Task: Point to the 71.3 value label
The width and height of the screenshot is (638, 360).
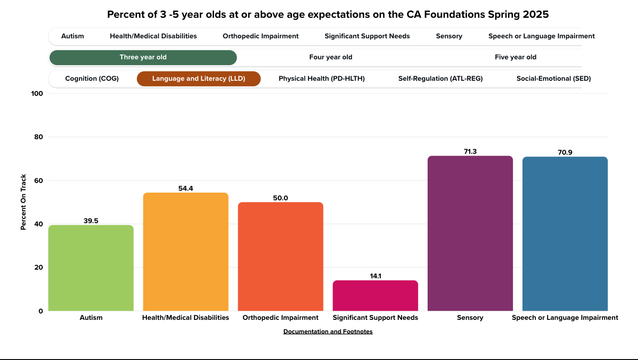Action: click(470, 151)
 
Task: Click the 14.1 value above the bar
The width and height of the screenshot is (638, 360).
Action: click(376, 276)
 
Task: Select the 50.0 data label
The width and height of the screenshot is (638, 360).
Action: click(280, 198)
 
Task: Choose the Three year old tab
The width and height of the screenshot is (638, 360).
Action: click(143, 57)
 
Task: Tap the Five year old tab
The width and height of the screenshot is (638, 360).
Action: click(515, 57)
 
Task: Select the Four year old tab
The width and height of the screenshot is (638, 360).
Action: click(330, 57)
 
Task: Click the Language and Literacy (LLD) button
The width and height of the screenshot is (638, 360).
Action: click(199, 79)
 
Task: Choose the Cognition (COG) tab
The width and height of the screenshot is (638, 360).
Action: click(92, 79)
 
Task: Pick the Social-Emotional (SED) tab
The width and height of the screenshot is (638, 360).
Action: click(553, 79)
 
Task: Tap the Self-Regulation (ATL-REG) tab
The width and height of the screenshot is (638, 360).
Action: click(440, 79)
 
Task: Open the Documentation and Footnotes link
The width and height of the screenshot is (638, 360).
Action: click(328, 332)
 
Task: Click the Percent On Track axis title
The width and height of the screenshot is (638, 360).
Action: click(23, 202)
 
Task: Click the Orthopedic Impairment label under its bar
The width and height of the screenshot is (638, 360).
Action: click(280, 318)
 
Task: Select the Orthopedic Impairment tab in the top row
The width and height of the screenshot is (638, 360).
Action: click(261, 36)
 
